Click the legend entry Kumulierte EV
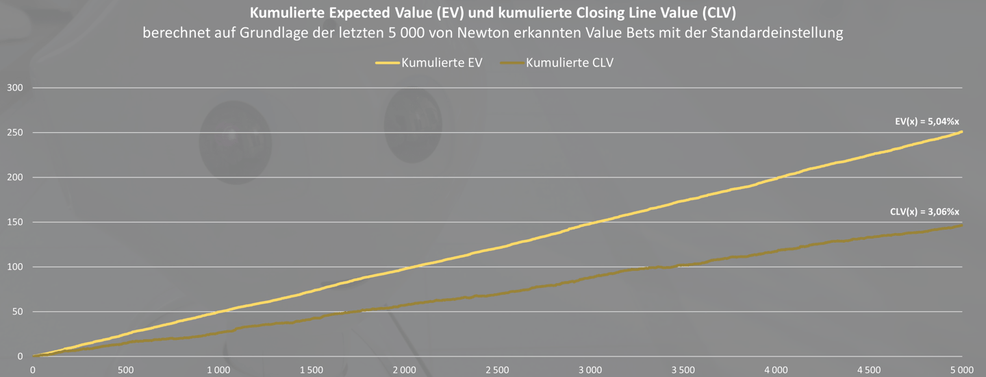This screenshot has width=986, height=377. coord(442,63)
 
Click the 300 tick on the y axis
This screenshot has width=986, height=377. coord(14,88)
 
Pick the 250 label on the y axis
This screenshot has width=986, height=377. coord(14,132)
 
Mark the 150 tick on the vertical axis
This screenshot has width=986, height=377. coord(14,222)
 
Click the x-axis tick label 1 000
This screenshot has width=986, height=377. coord(218,369)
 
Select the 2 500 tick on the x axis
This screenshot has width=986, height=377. coord(497,369)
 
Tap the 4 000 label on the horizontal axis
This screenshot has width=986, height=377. coord(776,369)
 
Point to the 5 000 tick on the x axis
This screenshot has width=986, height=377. coord(961,369)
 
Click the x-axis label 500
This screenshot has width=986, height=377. coord(125,369)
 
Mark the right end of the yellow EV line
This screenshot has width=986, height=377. coord(962,132)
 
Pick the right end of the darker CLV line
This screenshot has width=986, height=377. coord(962,225)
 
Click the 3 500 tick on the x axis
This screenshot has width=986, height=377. coord(683,369)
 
